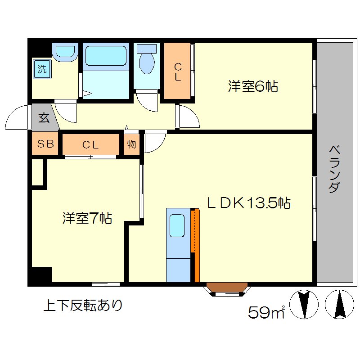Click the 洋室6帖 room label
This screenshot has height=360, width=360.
click(252, 86)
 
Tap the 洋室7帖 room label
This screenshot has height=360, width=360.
click(87, 219)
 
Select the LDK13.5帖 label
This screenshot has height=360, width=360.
click(248, 203)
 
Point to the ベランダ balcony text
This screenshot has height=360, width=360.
click(333, 169)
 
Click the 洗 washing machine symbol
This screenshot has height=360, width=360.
click(42, 69)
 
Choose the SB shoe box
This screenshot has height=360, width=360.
click(45, 144)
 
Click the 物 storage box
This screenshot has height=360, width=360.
click(131, 144)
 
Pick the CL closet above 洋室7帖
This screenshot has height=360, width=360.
click(90, 144)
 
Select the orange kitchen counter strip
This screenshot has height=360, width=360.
click(196, 245)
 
